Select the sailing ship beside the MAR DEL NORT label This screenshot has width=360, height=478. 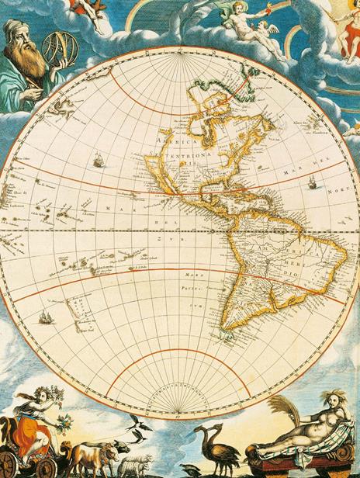click(312, 183)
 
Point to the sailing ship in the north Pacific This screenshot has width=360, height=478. click(99, 161)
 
